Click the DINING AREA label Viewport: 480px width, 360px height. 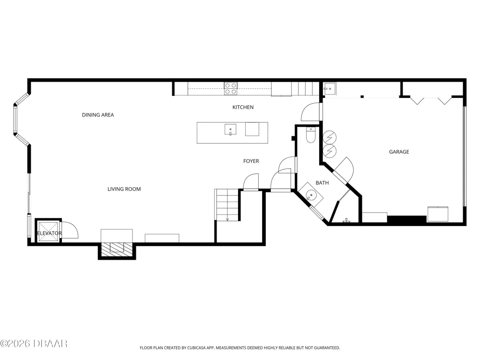click(98, 115)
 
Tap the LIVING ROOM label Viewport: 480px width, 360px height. click(124, 189)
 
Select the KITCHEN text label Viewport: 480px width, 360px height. click(243, 107)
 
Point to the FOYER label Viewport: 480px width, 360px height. click(251, 161)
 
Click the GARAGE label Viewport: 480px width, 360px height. click(399, 152)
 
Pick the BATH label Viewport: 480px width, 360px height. click(322, 183)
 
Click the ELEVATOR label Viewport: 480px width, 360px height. click(49, 233)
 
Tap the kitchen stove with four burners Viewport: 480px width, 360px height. click(230, 88)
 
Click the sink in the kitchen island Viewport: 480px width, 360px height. click(230, 130)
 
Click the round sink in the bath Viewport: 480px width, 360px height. click(311, 195)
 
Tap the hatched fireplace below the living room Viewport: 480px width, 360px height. click(117, 248)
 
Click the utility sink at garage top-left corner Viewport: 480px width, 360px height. click(329, 89)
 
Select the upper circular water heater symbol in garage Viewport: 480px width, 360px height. click(330, 138)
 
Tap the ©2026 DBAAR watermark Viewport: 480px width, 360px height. click(34, 344)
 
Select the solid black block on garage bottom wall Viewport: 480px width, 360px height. click(407, 219)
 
